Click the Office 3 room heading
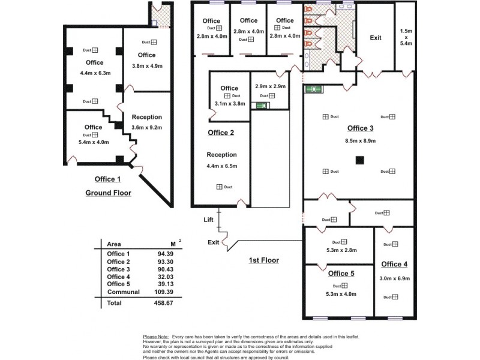(x=361, y=128)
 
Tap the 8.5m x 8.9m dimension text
(x=360, y=140)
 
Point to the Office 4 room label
(x=394, y=264)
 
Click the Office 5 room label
(x=341, y=274)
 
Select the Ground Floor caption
(x=108, y=193)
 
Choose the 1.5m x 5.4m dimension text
(x=406, y=37)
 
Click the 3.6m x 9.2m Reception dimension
(x=147, y=127)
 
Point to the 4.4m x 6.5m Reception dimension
(x=221, y=166)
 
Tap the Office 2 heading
(x=220, y=133)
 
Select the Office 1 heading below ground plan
(x=108, y=179)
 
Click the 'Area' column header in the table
(x=114, y=244)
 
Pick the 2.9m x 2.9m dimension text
(x=269, y=86)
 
